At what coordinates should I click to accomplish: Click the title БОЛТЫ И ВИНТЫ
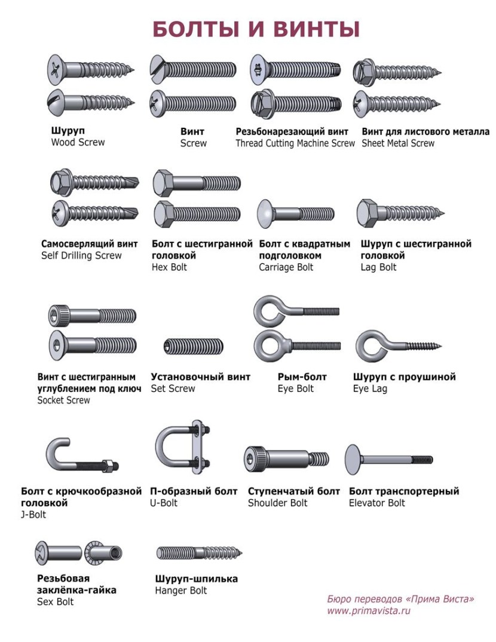[256, 29]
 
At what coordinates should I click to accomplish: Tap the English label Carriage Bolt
[286, 267]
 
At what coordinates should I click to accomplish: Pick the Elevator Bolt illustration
[388, 459]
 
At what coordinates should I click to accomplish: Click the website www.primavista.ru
[369, 610]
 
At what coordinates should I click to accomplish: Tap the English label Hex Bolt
[169, 267]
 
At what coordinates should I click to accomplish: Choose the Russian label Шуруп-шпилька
[196, 579]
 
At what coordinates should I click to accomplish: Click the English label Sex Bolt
[55, 601]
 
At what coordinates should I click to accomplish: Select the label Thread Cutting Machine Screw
[295, 143]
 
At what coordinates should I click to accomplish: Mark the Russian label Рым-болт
[302, 377]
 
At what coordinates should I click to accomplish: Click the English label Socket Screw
[63, 400]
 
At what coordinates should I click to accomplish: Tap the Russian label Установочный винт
[200, 377]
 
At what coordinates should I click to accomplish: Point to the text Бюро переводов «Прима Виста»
[400, 598]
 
